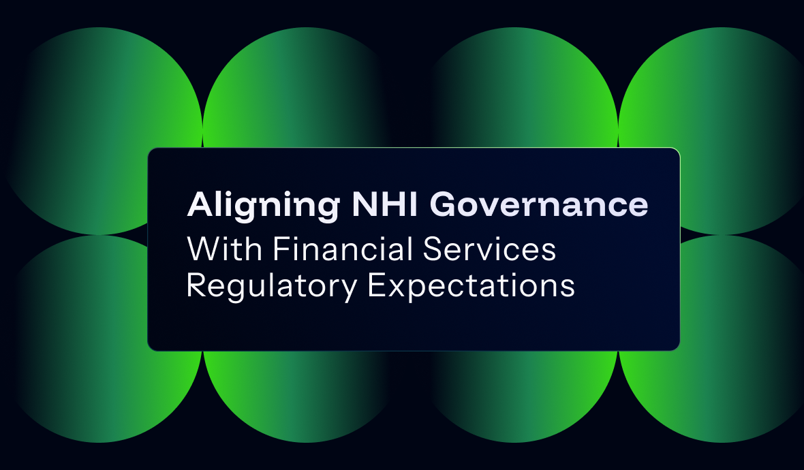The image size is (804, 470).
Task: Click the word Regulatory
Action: click(x=270, y=286)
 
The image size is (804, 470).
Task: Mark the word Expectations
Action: click(x=471, y=286)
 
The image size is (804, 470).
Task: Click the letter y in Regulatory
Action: click(x=347, y=290)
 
